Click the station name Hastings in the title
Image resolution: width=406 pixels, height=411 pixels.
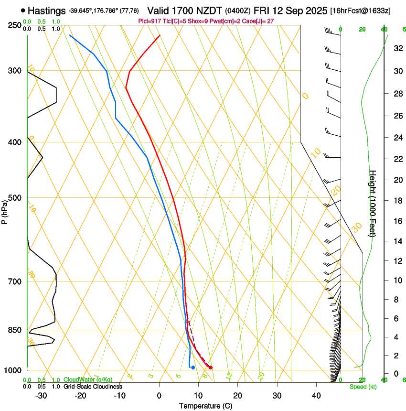tap(47, 11)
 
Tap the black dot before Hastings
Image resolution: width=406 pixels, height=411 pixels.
tap(23, 10)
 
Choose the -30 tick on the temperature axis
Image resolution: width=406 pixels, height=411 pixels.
tap(41, 395)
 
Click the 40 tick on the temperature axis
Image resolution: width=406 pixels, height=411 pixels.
tap(316, 395)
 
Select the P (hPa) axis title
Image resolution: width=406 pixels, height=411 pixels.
tap(4, 211)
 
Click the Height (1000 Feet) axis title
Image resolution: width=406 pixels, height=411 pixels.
tap(373, 204)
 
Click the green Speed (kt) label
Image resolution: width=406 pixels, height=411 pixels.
tap(363, 387)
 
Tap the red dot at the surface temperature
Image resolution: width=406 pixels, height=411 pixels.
tap(211, 368)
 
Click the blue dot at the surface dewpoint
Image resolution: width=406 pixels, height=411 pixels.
tap(193, 368)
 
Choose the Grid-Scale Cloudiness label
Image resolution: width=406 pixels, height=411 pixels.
tap(93, 387)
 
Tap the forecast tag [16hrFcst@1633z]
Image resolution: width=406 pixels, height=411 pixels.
tap(360, 11)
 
